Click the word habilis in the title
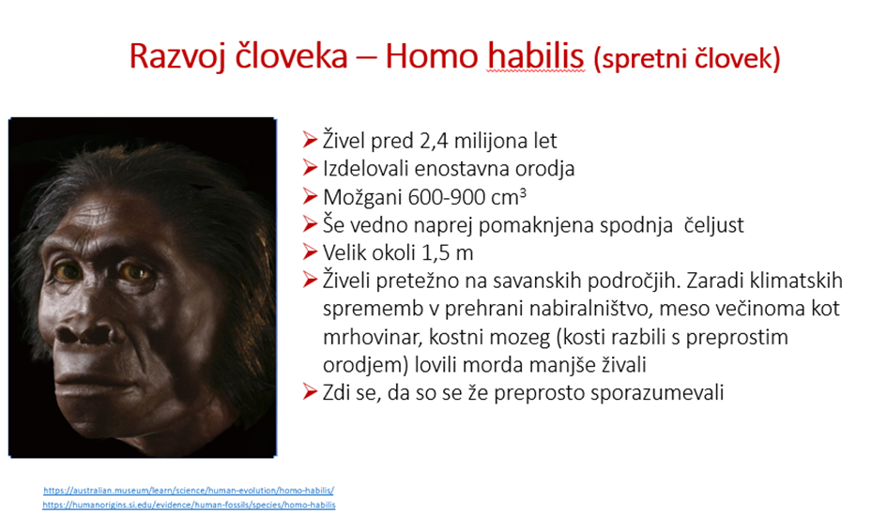(535, 56)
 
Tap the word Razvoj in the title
(177, 56)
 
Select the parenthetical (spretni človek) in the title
(687, 58)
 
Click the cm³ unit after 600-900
(509, 197)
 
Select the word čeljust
(713, 225)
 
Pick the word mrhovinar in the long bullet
(373, 337)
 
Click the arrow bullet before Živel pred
(310, 140)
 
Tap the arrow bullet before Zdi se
(310, 392)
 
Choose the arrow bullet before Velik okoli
(310, 251)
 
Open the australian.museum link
(189, 490)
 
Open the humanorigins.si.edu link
(189, 505)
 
